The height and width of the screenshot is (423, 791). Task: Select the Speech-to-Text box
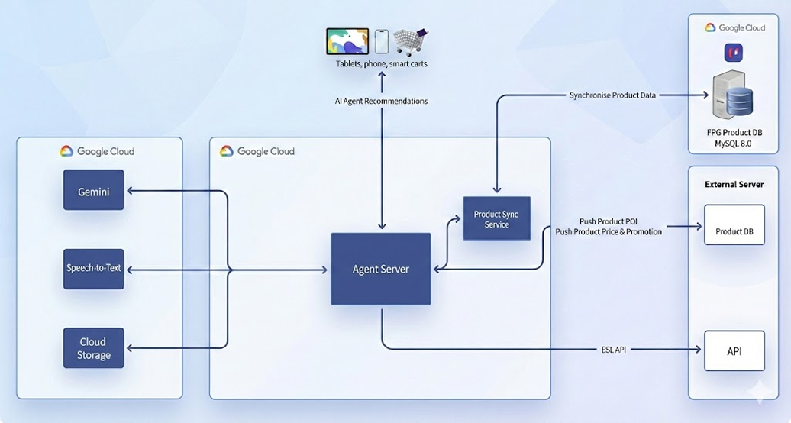[x=93, y=269]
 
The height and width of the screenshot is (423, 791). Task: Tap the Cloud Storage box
[x=93, y=348]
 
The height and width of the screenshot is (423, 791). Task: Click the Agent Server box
[x=380, y=270]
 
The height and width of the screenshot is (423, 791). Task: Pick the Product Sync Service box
[x=496, y=219]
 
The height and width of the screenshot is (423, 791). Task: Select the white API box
[x=734, y=351]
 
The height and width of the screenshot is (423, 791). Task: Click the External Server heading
[x=734, y=184]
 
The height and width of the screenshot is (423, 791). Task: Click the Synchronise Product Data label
[x=612, y=95]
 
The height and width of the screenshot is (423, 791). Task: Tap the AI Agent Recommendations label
[x=382, y=101]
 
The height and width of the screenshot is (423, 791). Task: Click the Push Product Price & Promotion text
[x=609, y=231]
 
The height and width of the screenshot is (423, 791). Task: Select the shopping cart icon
[x=411, y=41]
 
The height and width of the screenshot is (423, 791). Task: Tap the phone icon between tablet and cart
[x=381, y=41]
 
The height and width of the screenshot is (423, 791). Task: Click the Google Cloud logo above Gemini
[x=67, y=151]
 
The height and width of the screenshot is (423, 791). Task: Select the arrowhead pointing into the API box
[x=697, y=350]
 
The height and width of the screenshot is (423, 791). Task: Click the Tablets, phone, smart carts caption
[x=382, y=64]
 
